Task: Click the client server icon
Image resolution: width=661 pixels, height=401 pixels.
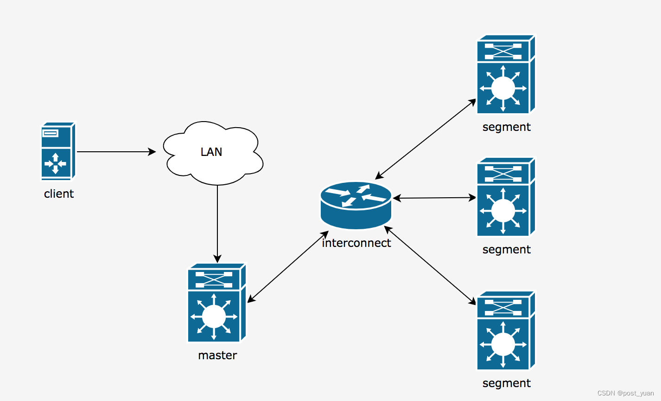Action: click(58, 151)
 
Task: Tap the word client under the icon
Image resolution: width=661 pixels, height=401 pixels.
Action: click(59, 194)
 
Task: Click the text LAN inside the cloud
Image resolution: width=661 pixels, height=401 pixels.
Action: click(211, 152)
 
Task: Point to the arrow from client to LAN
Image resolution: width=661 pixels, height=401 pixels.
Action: click(116, 152)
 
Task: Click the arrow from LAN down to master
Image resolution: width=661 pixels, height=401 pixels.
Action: click(217, 223)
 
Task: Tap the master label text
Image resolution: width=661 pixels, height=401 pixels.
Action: click(217, 355)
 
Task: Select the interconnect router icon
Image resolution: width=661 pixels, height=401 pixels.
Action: click(356, 205)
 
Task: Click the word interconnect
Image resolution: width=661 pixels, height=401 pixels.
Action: click(356, 243)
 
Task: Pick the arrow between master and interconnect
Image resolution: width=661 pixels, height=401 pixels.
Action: click(288, 267)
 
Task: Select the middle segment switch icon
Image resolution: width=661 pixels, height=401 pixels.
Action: click(506, 197)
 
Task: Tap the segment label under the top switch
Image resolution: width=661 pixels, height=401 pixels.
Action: click(506, 127)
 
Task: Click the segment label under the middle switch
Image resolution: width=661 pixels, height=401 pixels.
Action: click(506, 249)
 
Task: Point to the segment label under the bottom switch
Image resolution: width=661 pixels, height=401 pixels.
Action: click(506, 383)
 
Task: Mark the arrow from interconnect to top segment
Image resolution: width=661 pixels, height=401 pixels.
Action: click(426, 139)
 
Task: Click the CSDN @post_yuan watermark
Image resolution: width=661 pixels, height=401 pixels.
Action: click(625, 393)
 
